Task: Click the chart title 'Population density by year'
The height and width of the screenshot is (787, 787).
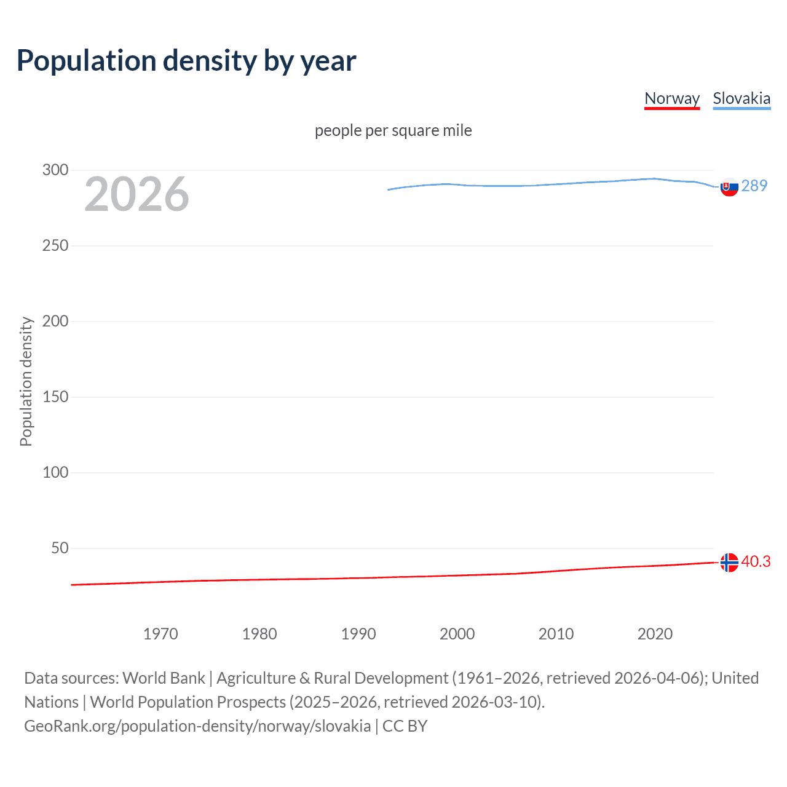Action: coord(186,61)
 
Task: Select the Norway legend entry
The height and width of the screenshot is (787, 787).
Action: coord(672,98)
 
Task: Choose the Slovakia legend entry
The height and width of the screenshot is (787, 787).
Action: coord(742,98)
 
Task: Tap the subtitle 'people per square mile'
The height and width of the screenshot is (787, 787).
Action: coord(393,130)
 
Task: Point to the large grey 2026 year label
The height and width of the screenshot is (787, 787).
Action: coord(136,194)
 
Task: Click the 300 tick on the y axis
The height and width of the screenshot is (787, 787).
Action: coord(55,170)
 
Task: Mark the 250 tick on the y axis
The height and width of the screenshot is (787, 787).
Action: coord(55,245)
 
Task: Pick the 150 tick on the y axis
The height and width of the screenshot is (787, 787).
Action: coord(55,397)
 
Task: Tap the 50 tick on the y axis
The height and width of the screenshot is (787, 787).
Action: coord(60,548)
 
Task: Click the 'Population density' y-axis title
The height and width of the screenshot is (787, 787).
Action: coord(26,381)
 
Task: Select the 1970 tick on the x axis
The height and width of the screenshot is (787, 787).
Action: coord(160,634)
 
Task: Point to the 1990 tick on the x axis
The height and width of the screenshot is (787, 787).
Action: coord(358,634)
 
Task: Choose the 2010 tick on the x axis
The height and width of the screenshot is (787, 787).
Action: coord(556,634)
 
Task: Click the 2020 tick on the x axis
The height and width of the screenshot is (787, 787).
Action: coord(655,634)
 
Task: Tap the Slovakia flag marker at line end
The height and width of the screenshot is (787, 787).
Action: coord(729,187)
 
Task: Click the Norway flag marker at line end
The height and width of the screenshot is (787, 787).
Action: coord(729,562)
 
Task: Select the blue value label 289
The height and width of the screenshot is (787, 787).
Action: coord(754,186)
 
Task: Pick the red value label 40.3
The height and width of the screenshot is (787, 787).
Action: coord(756,561)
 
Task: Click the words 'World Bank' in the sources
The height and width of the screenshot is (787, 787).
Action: coord(164,678)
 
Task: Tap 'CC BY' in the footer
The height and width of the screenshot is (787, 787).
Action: coord(405,726)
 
